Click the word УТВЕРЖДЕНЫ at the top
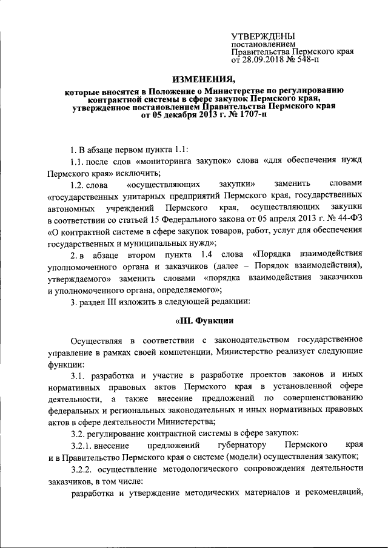(x=264, y=38)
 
